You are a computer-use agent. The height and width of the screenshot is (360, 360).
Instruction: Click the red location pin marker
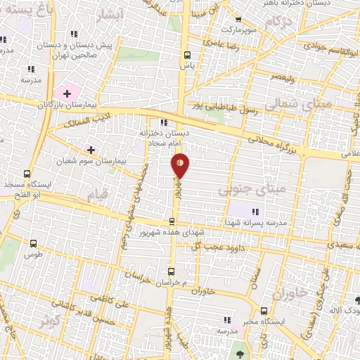point(180,165)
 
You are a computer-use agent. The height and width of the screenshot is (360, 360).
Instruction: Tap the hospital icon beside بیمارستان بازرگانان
point(67,94)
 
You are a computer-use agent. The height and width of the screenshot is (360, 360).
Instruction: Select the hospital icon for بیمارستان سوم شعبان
point(91,150)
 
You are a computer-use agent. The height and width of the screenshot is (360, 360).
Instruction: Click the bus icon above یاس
point(186,54)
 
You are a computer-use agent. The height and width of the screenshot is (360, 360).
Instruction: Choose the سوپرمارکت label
point(235,30)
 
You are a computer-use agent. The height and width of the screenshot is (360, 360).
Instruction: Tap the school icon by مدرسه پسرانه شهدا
point(256,211)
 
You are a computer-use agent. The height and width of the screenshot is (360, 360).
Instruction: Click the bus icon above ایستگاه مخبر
point(264,311)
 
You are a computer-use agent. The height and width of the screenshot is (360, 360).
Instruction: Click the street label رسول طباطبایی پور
point(228,108)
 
